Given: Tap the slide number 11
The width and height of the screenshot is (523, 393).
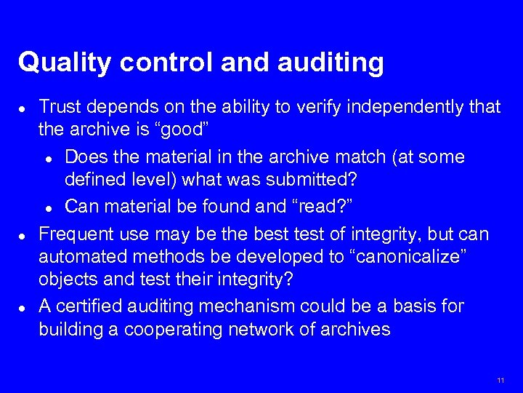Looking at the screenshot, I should (500, 381).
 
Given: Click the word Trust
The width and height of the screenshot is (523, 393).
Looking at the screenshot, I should (60, 108).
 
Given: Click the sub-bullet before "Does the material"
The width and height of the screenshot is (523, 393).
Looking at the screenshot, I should (48, 158).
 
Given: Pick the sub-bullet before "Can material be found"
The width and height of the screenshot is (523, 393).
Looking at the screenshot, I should (48, 207).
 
